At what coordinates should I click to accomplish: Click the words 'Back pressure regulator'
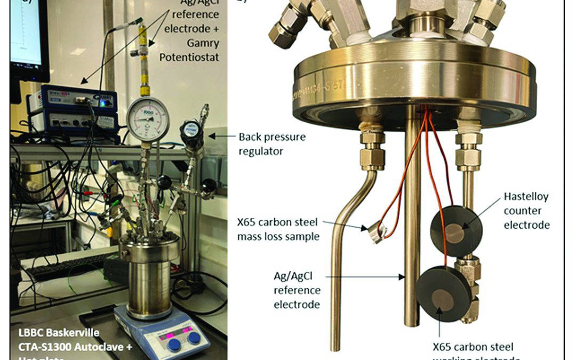coord(272,143)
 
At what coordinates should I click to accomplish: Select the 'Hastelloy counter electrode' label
coord(526,211)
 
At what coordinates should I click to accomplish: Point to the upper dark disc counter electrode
coord(456,230)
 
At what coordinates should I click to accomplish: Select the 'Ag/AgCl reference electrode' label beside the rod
coord(297,291)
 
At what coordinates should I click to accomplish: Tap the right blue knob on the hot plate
coord(195,338)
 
